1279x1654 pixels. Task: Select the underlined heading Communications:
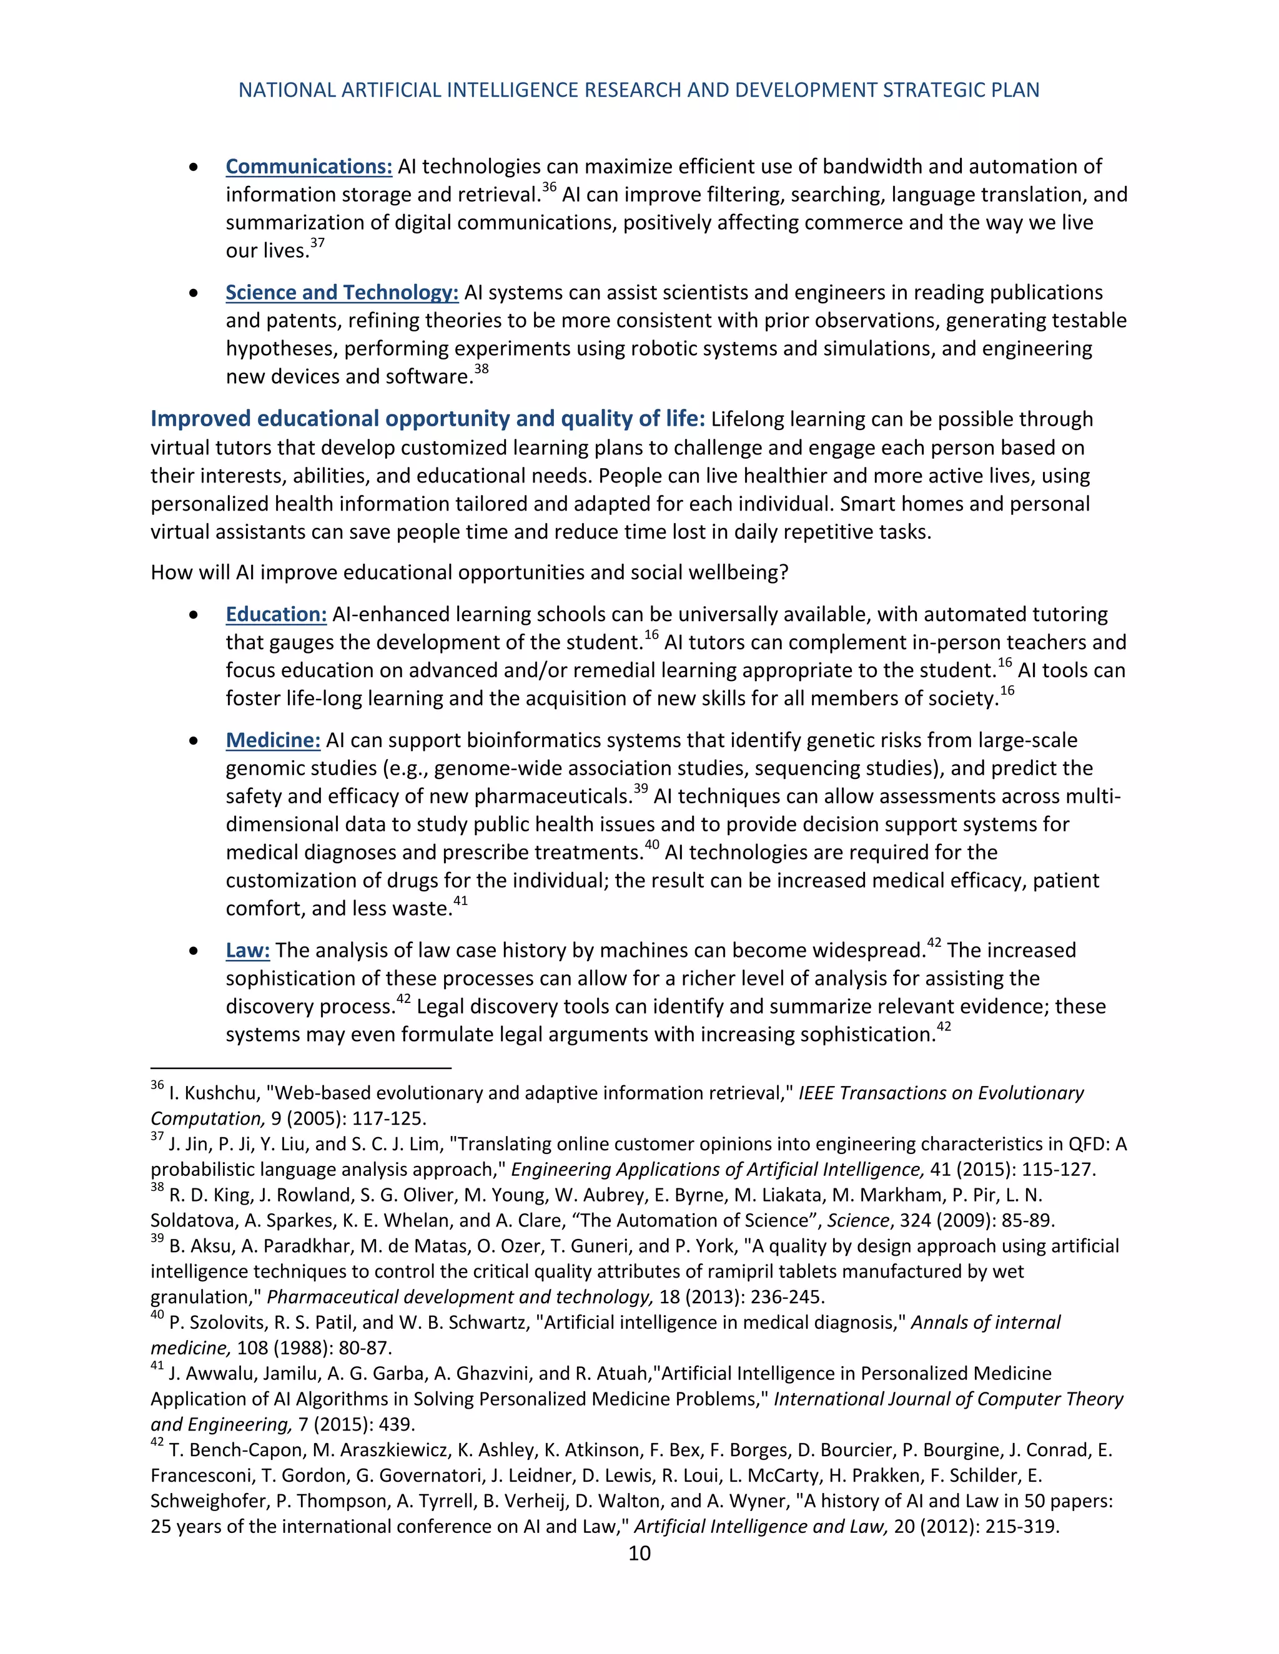pyautogui.click(x=309, y=167)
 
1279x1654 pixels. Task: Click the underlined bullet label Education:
pyautogui.click(x=276, y=614)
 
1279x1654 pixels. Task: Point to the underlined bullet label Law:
pyautogui.click(x=248, y=951)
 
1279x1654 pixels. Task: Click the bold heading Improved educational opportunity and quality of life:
pyautogui.click(x=427, y=419)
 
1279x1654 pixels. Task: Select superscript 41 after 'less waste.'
pyautogui.click(x=461, y=901)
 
